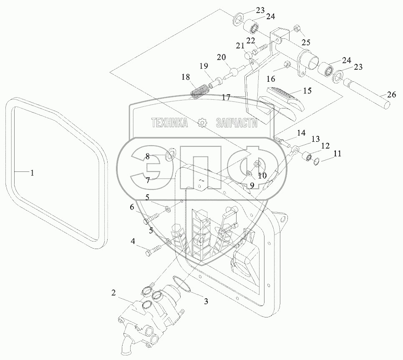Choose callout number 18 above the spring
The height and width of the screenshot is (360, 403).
(186, 77)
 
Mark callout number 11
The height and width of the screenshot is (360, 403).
(337, 154)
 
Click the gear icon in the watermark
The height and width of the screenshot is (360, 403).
(203, 123)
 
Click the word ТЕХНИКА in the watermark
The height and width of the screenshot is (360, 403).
(169, 123)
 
